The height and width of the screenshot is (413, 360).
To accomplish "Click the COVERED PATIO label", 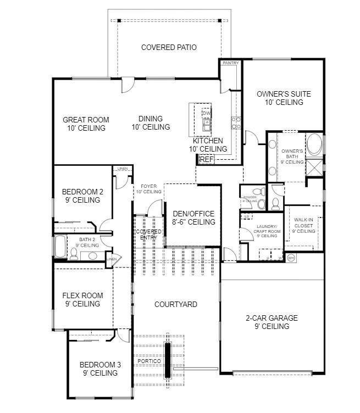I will [169, 47].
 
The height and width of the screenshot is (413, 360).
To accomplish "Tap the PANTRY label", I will [231, 63].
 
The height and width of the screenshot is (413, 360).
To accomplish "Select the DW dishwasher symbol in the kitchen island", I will [206, 114].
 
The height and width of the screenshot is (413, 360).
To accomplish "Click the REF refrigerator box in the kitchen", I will [206, 159].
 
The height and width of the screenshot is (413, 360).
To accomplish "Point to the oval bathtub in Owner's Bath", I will [314, 145].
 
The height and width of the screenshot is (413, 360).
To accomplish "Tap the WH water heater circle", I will [291, 257].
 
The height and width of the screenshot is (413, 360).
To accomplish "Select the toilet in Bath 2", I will [73, 254].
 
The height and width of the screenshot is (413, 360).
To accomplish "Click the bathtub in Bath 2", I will [59, 246].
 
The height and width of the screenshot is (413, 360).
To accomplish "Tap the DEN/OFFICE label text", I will [193, 217].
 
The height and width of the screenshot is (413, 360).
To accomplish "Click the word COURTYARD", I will [176, 304].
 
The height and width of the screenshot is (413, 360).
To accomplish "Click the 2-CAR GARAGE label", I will [272, 322].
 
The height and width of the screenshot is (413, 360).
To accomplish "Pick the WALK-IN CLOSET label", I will [303, 225].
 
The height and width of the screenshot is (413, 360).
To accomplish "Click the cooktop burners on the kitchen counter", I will [236, 122].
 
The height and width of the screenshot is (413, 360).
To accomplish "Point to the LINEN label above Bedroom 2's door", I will [123, 169].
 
